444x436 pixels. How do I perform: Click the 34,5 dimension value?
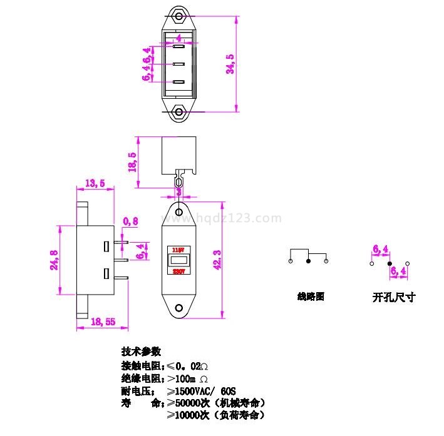click(230, 64)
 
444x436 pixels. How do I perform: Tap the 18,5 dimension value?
click(132, 162)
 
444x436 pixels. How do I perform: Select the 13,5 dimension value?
click(94, 183)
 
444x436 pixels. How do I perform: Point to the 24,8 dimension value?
click(54, 260)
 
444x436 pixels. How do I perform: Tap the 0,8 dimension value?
click(131, 221)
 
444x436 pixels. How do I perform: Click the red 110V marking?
click(178, 249)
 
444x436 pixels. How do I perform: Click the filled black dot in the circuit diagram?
click(308, 261)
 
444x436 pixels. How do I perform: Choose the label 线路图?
click(311, 297)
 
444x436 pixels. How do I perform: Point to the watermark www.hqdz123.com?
click(222, 218)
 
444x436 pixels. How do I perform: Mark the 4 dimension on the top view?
click(179, 38)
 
